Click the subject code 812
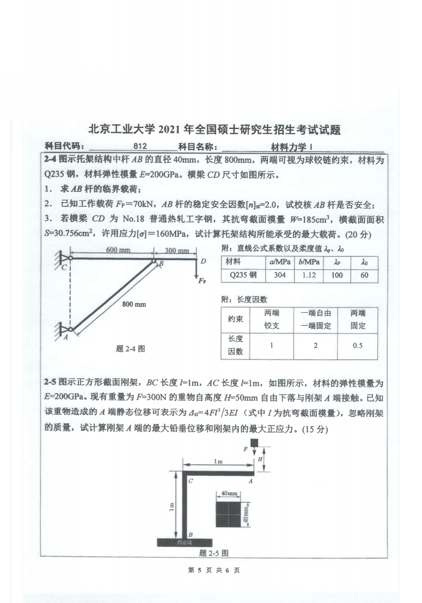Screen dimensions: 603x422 tap(141, 146)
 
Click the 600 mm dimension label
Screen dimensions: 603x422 tap(118, 250)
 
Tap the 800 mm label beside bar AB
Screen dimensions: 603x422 tap(134, 304)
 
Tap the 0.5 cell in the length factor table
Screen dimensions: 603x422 tap(358, 346)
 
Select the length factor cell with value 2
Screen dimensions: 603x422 tap(315, 346)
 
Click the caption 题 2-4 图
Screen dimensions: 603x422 tap(130, 348)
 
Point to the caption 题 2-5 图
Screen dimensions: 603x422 tap(214, 552)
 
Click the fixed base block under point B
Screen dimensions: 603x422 tap(181, 542)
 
